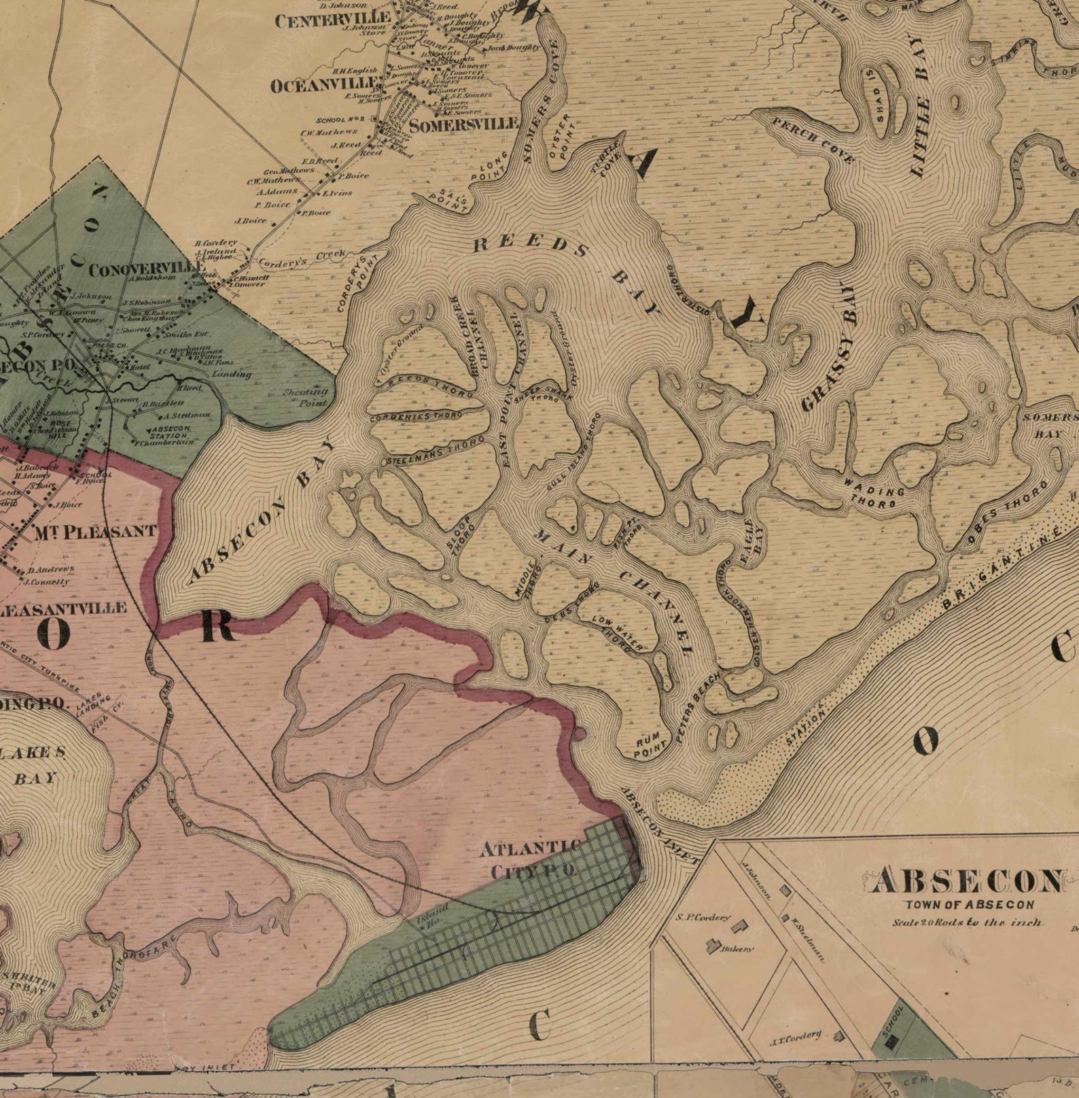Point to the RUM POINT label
(x=646, y=749)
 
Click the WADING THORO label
(x=872, y=496)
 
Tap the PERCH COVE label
(x=813, y=139)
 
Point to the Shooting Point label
(x=306, y=397)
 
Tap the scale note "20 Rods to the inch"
(x=968, y=923)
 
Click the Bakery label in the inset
(x=737, y=949)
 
